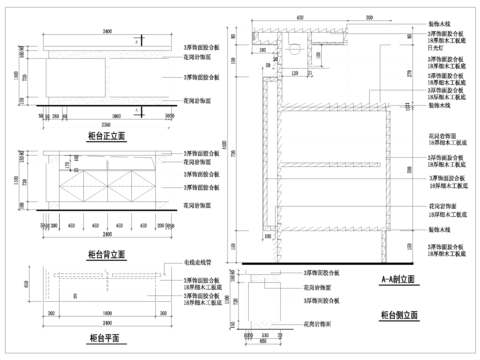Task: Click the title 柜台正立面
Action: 106,133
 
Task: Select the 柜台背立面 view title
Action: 106,254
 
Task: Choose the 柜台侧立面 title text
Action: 398,314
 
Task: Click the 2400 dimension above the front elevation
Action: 105,32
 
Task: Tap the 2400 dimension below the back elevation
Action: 105,240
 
